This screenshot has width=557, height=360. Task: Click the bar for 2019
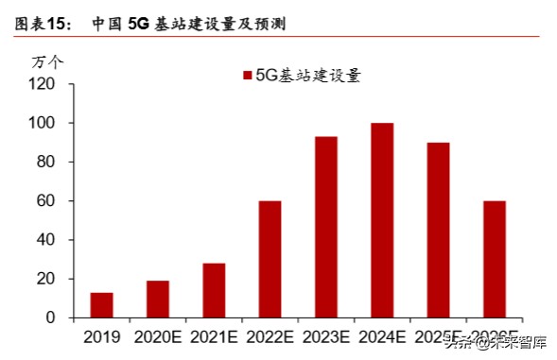pyautogui.click(x=101, y=305)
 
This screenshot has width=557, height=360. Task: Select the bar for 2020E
pyautogui.click(x=157, y=300)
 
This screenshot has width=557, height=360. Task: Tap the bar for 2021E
pyautogui.click(x=214, y=291)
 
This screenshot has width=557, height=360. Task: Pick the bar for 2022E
pyautogui.click(x=270, y=260)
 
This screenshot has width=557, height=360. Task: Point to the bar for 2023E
pyautogui.click(x=326, y=228)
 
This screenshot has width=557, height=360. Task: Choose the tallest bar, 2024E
pyautogui.click(x=382, y=220)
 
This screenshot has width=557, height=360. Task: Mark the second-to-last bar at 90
pyautogui.click(x=438, y=231)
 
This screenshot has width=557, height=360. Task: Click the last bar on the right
pyautogui.click(x=495, y=260)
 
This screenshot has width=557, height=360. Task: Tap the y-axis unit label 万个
pyautogui.click(x=48, y=62)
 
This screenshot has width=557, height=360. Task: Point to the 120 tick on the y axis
pyautogui.click(x=43, y=84)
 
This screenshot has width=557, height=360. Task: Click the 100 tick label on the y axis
pyautogui.click(x=43, y=123)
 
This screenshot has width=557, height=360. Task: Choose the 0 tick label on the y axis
pyautogui.click(x=52, y=318)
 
